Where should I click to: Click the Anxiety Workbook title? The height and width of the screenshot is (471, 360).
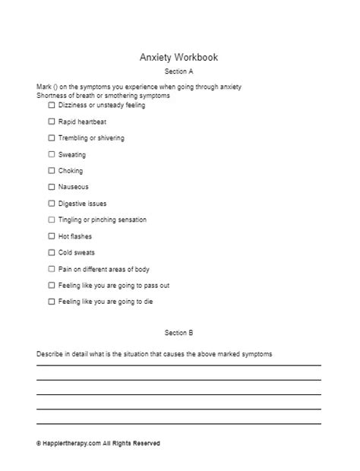[179, 57]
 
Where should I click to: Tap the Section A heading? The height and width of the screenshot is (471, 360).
[179, 71]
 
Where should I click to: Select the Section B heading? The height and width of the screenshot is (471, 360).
[179, 333]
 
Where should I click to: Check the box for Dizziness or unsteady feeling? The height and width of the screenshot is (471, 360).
[52, 106]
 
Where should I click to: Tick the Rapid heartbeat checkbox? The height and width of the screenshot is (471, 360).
[52, 122]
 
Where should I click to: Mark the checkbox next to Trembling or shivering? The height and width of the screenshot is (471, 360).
[52, 138]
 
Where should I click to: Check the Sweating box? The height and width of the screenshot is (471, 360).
[52, 154]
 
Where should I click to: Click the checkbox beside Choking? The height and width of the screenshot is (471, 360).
[52, 171]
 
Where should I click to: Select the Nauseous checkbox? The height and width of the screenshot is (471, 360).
[52, 187]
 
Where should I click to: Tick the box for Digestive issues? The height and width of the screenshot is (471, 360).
[52, 204]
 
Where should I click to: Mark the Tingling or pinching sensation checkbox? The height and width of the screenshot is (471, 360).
[52, 220]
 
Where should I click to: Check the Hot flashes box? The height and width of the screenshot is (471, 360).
[52, 236]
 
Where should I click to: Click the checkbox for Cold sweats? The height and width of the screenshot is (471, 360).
[52, 252]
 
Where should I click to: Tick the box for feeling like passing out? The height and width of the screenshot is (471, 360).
[52, 285]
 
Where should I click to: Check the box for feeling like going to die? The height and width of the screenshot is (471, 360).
[52, 302]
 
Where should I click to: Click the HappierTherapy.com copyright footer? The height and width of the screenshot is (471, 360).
[98, 444]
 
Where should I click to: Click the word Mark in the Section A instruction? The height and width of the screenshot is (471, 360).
[43, 87]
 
